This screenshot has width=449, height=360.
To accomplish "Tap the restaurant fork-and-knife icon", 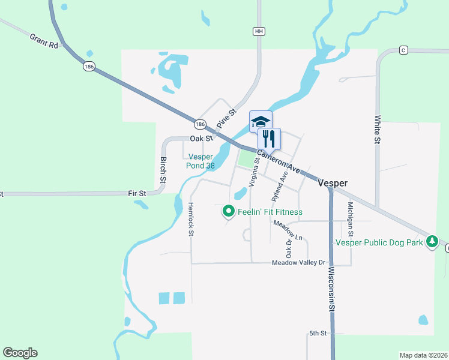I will click(269, 139).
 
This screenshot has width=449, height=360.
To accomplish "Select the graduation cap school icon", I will click(261, 121).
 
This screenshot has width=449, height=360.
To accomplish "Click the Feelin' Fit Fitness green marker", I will click(228, 211).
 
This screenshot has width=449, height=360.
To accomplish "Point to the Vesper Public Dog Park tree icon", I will click(431, 242).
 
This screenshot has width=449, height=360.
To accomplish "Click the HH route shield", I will click(259, 31).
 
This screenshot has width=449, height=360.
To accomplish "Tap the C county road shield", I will click(403, 50).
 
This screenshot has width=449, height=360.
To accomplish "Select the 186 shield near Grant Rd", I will click(89, 67).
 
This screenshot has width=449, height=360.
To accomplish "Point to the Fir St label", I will click(137, 193).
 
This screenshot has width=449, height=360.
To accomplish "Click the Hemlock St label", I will click(191, 219).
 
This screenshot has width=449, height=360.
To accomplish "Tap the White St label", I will click(378, 130).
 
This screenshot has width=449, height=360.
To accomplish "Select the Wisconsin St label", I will click(331, 289).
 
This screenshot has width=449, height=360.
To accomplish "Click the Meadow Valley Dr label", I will click(298, 263).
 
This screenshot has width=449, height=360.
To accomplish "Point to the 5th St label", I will click(318, 333).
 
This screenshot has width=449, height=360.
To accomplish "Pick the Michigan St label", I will click(351, 220).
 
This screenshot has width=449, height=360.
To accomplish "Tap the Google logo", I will click(20, 353).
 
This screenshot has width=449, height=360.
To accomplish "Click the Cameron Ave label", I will click(280, 161).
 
